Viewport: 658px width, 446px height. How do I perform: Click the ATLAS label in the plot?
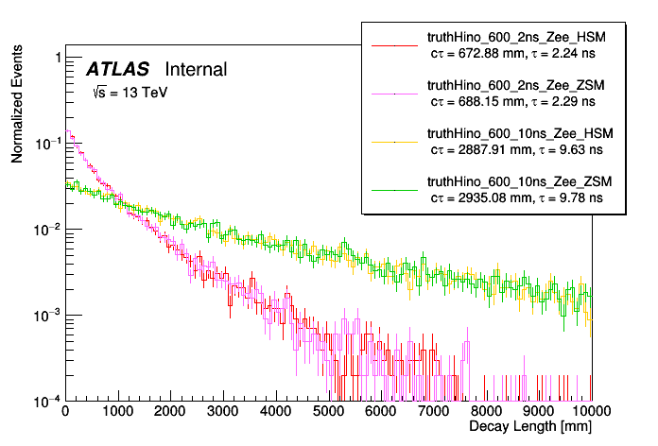pyautogui.click(x=117, y=70)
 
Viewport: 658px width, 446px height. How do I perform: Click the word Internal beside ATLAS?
pyautogui.click(x=196, y=70)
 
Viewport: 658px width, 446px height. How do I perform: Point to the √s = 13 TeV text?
pyautogui.click(x=130, y=94)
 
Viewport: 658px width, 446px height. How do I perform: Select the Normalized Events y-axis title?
pyautogui.click(x=17, y=107)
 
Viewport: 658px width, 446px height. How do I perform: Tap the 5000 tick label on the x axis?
pyautogui.click(x=328, y=412)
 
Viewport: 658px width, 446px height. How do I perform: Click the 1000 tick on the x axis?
pyautogui.click(x=117, y=412)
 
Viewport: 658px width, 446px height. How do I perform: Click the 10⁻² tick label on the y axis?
pyautogui.click(x=43, y=230)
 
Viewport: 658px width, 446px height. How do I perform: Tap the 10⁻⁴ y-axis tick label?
pyautogui.click(x=43, y=401)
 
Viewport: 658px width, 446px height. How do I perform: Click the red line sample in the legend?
pyautogui.click(x=392, y=44)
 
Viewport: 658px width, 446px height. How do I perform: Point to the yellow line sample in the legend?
pyautogui.click(x=392, y=141)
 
